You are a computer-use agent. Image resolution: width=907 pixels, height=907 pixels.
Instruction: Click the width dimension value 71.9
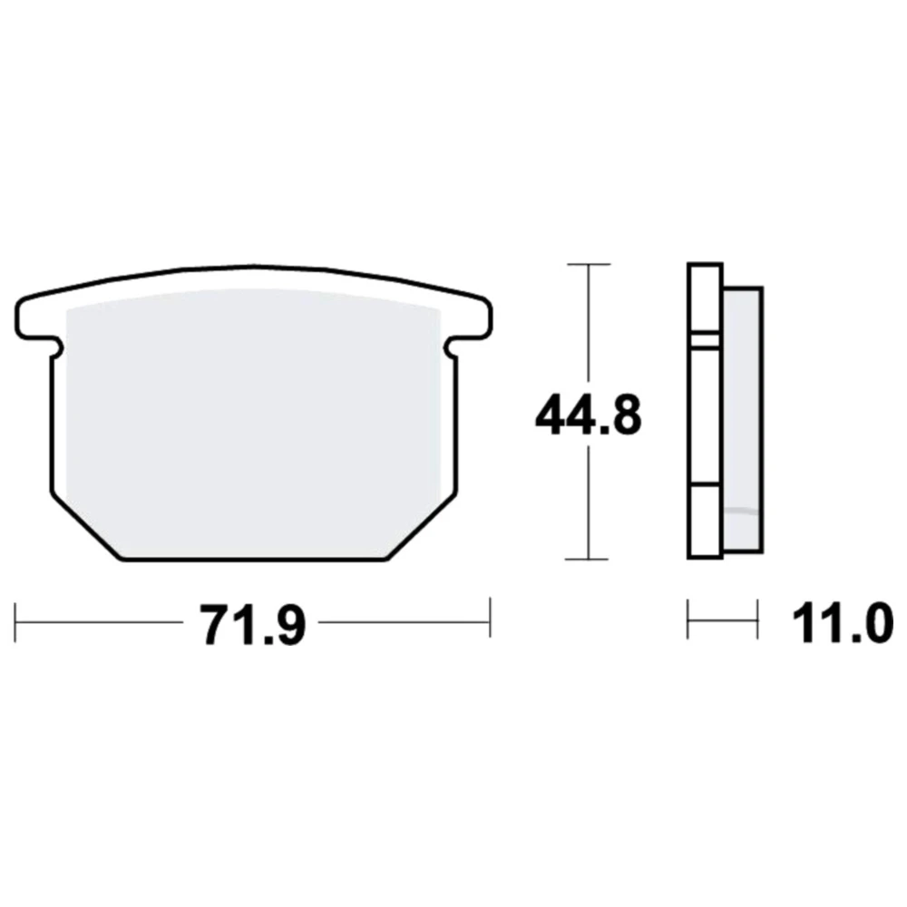252,624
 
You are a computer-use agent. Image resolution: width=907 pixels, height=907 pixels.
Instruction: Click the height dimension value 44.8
589,416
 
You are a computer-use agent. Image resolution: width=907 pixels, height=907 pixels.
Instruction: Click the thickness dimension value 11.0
842,623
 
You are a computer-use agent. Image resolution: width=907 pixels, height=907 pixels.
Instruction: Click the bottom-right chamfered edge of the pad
421,526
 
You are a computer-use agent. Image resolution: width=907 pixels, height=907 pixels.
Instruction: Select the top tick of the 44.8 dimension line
589,264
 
